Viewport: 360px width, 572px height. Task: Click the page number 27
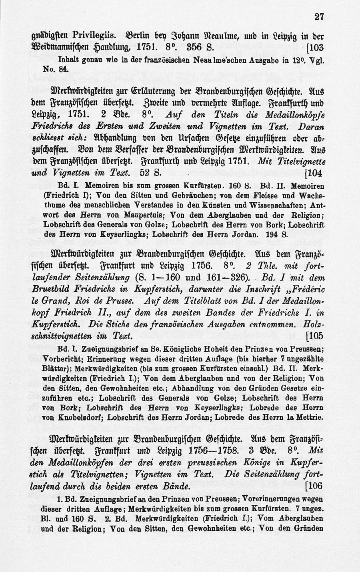[319, 16]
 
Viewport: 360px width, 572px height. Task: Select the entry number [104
[314, 173]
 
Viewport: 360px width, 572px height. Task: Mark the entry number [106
[314, 486]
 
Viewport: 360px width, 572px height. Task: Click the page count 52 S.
[151, 173]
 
